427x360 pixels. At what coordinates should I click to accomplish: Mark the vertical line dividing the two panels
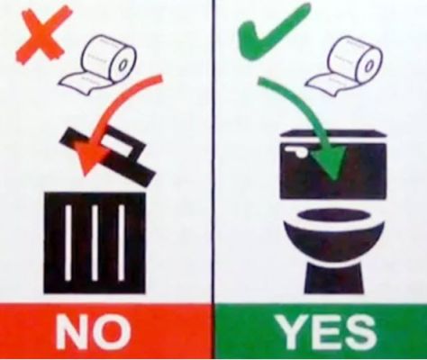(x=213, y=180)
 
